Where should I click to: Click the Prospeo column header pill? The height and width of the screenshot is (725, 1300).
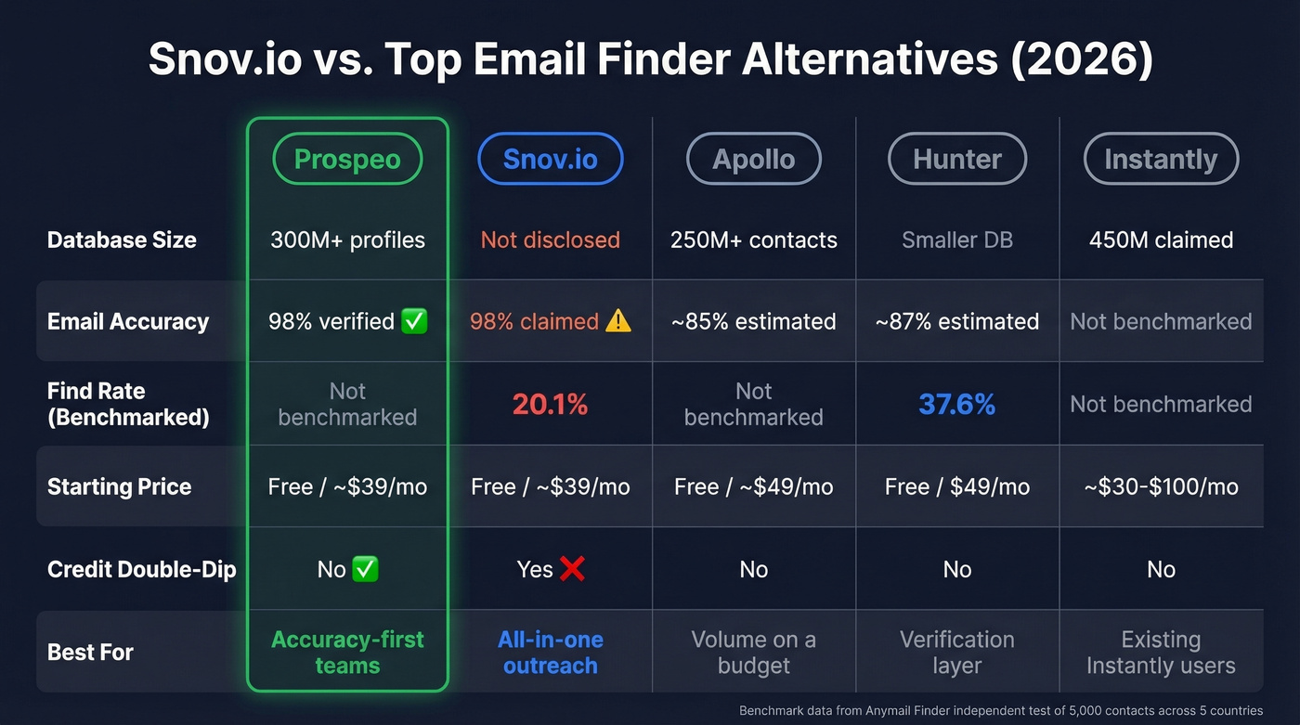click(x=347, y=159)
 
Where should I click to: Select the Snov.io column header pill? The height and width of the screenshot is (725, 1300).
click(x=550, y=159)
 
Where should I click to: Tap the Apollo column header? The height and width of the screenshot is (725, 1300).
click(x=753, y=159)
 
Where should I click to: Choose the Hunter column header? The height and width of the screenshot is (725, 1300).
click(x=957, y=159)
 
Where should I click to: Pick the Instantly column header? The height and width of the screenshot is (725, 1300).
click(x=1161, y=159)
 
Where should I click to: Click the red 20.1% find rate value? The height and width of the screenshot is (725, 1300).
click(x=550, y=404)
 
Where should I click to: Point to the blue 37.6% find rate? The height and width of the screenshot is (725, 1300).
click(x=956, y=404)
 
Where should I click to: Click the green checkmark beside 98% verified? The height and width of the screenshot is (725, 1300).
click(x=414, y=321)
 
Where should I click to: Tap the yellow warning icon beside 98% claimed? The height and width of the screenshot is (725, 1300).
click(x=617, y=321)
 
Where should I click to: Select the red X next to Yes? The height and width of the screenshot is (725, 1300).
click(x=572, y=569)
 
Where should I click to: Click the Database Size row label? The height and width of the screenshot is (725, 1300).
click(x=122, y=240)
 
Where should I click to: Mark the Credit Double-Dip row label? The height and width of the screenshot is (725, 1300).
click(x=141, y=569)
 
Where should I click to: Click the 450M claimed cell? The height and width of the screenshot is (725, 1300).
click(x=1161, y=240)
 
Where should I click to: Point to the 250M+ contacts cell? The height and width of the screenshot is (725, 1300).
click(x=753, y=240)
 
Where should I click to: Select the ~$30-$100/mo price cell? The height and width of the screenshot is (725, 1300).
click(x=1161, y=486)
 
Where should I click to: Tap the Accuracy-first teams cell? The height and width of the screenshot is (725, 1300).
click(x=347, y=652)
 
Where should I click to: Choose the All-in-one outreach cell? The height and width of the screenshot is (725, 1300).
click(x=550, y=652)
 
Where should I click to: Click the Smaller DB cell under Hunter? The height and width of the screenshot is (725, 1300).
click(x=956, y=240)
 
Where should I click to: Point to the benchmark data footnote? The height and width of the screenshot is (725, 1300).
click(x=1001, y=710)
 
